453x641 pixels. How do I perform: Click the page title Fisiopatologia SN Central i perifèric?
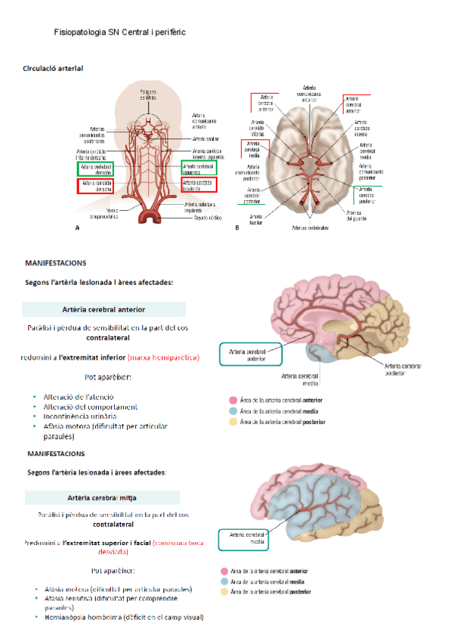tap(120, 33)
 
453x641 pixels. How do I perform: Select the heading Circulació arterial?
tap(54, 69)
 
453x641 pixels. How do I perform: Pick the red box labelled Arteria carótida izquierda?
tap(199, 185)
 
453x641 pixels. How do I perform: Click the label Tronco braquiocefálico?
tap(107, 214)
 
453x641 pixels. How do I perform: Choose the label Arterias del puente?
tap(357, 215)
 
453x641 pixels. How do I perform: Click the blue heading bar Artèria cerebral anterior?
tap(103, 309)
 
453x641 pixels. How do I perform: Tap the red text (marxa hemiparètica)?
tap(164, 355)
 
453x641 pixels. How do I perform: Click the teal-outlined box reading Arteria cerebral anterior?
tap(248, 355)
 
